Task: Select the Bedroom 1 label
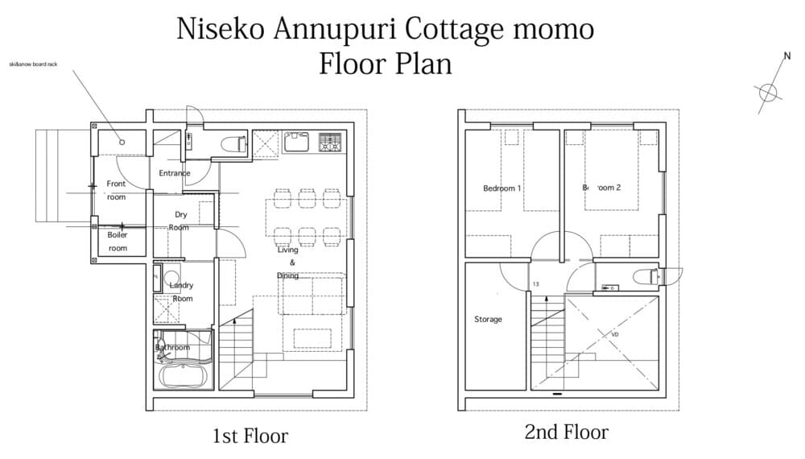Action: tap(502, 188)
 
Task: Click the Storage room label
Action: tap(488, 320)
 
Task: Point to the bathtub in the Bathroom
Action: tap(184, 375)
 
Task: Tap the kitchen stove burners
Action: tap(330, 142)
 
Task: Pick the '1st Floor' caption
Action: tap(250, 436)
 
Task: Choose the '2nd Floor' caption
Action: tap(567, 432)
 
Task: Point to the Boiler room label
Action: tap(118, 242)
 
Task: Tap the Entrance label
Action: tap(174, 173)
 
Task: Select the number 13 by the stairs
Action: tap(535, 285)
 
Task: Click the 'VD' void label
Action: tap(615, 333)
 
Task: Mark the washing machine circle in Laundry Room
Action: tap(171, 280)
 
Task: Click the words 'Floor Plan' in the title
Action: tap(385, 64)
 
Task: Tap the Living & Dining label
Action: tap(288, 263)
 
